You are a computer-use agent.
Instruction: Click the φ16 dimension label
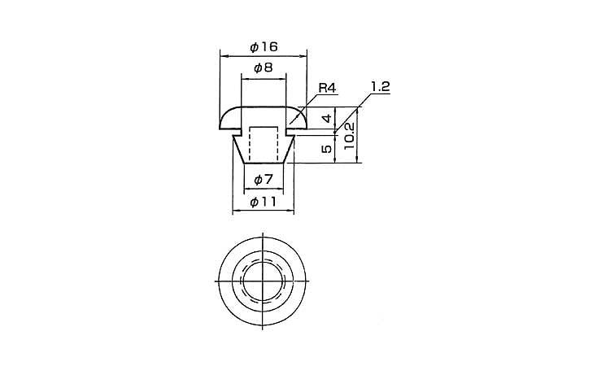(x=264, y=47)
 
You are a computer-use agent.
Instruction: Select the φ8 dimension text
(x=264, y=68)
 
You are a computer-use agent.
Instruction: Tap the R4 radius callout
(x=327, y=88)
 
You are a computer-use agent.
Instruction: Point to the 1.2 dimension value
(x=379, y=87)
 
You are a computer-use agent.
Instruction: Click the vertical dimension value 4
(x=328, y=118)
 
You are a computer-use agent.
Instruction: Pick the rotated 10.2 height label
(x=350, y=136)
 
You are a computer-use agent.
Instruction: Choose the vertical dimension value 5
(x=328, y=149)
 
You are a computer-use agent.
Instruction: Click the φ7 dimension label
(x=264, y=180)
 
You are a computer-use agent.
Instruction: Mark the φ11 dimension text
(x=264, y=202)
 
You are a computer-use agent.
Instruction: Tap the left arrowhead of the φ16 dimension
(x=223, y=56)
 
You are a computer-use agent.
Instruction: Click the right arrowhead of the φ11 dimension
(x=290, y=211)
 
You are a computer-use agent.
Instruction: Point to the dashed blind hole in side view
(x=264, y=143)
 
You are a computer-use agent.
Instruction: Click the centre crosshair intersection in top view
(x=263, y=281)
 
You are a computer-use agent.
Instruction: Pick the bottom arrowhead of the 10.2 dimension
(x=357, y=160)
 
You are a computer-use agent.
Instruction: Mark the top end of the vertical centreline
(x=263, y=233)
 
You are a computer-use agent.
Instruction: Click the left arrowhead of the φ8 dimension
(x=245, y=79)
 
